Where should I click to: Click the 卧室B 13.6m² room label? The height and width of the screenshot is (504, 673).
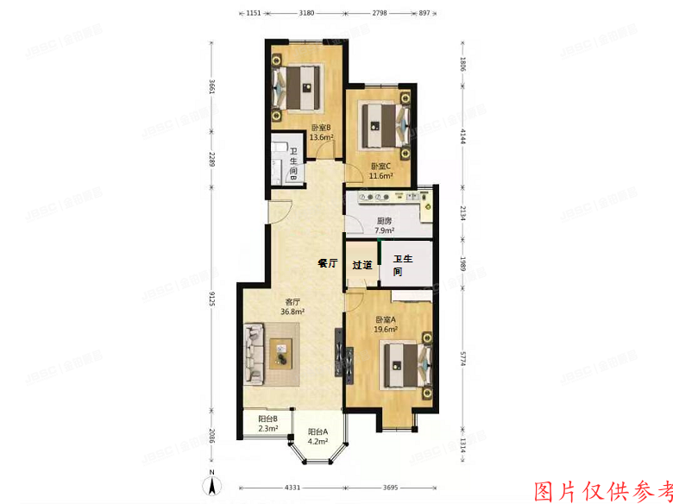(321, 133)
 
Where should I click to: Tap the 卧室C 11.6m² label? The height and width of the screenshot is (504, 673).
(381, 171)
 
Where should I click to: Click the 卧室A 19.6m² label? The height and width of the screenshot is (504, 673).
(386, 324)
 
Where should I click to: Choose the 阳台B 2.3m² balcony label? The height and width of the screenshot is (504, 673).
(267, 424)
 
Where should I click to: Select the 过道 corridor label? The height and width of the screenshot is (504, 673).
(362, 265)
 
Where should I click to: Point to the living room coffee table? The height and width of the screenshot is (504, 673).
(282, 352)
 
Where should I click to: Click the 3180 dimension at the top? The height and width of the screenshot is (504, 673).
(306, 14)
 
